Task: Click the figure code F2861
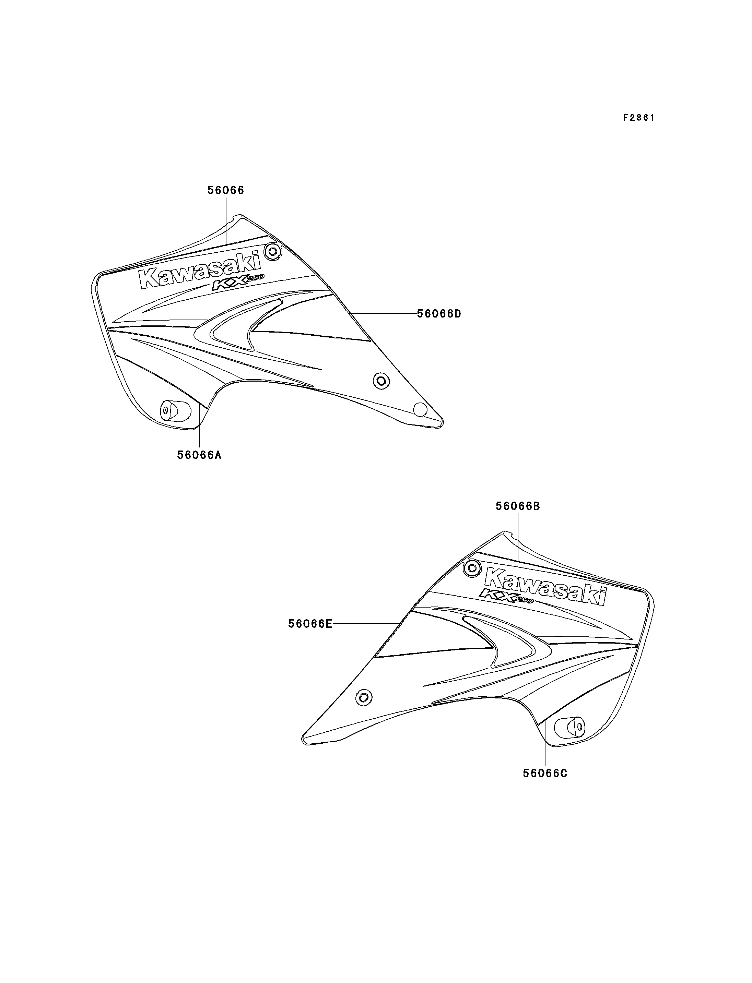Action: [x=639, y=118]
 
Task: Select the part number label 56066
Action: [x=226, y=190]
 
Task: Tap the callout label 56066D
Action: [x=439, y=314]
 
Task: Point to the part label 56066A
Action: [x=199, y=455]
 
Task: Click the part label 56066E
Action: [x=310, y=624]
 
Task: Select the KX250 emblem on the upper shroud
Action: [x=238, y=283]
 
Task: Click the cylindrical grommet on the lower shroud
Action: [x=569, y=728]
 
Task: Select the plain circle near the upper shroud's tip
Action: [x=420, y=409]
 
